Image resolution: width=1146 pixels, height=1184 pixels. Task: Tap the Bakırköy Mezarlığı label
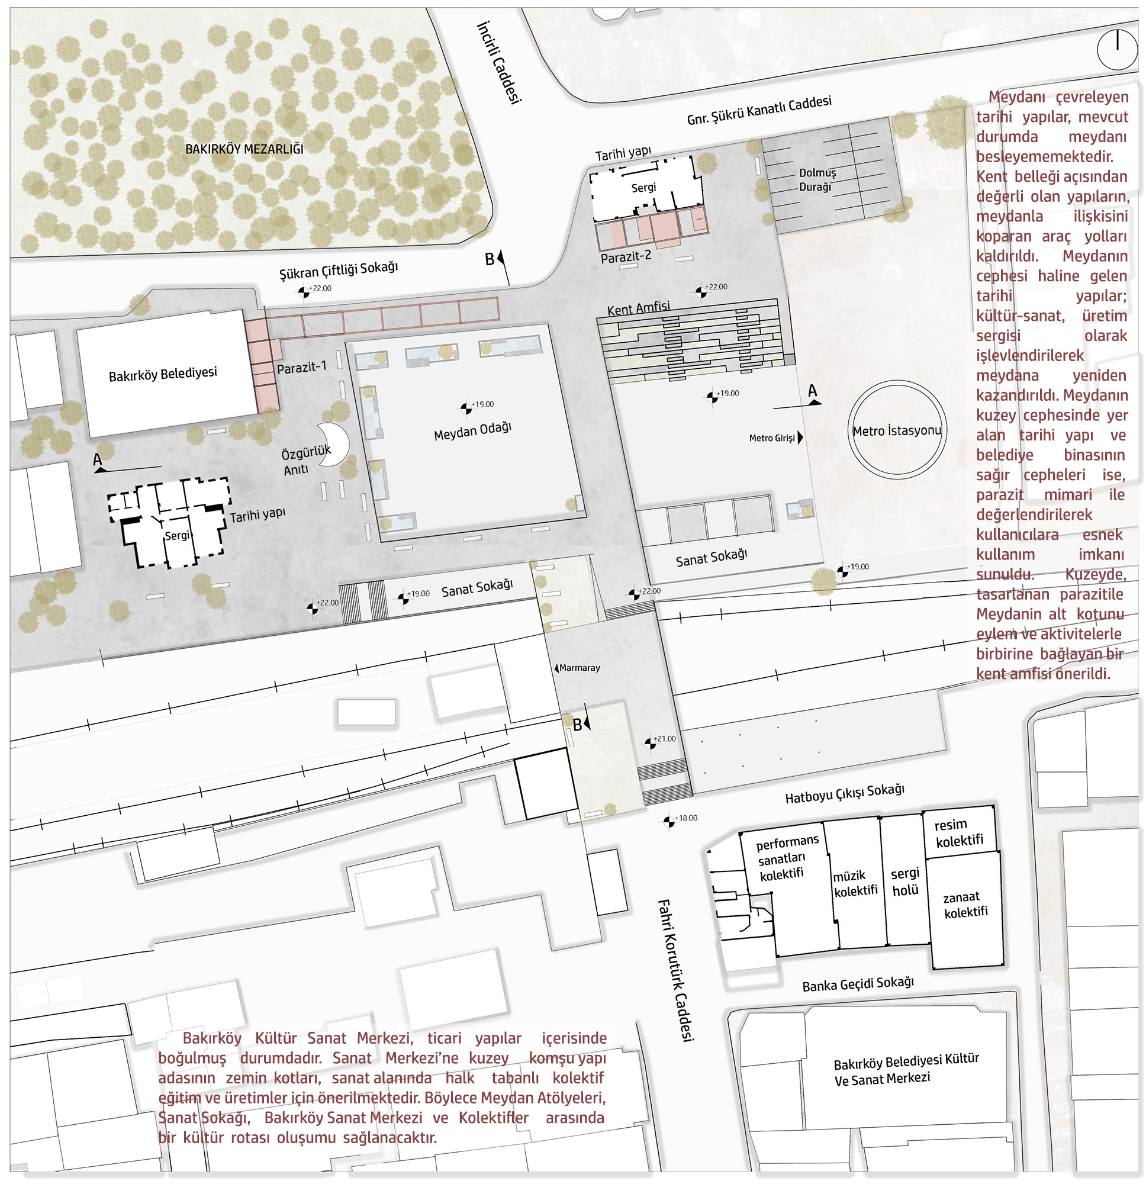[x=244, y=149]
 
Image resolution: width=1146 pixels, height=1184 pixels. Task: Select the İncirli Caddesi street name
[x=498, y=62]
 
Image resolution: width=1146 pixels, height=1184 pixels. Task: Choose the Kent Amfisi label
[x=638, y=308]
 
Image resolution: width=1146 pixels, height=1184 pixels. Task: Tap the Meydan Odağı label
[x=472, y=431]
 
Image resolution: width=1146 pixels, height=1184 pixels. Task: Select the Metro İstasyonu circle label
[x=897, y=430]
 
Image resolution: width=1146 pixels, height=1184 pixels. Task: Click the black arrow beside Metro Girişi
[x=800, y=437]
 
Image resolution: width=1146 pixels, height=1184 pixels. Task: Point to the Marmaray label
[x=579, y=668]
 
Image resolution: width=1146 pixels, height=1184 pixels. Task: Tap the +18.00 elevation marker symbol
[x=668, y=821]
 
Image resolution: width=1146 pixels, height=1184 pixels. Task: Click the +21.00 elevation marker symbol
[x=650, y=744]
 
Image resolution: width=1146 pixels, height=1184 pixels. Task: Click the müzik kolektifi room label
[x=855, y=883]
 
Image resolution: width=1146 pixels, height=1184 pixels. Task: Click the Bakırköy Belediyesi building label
[x=163, y=374]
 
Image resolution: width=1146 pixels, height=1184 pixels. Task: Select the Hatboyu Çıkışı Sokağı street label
[x=844, y=794]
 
